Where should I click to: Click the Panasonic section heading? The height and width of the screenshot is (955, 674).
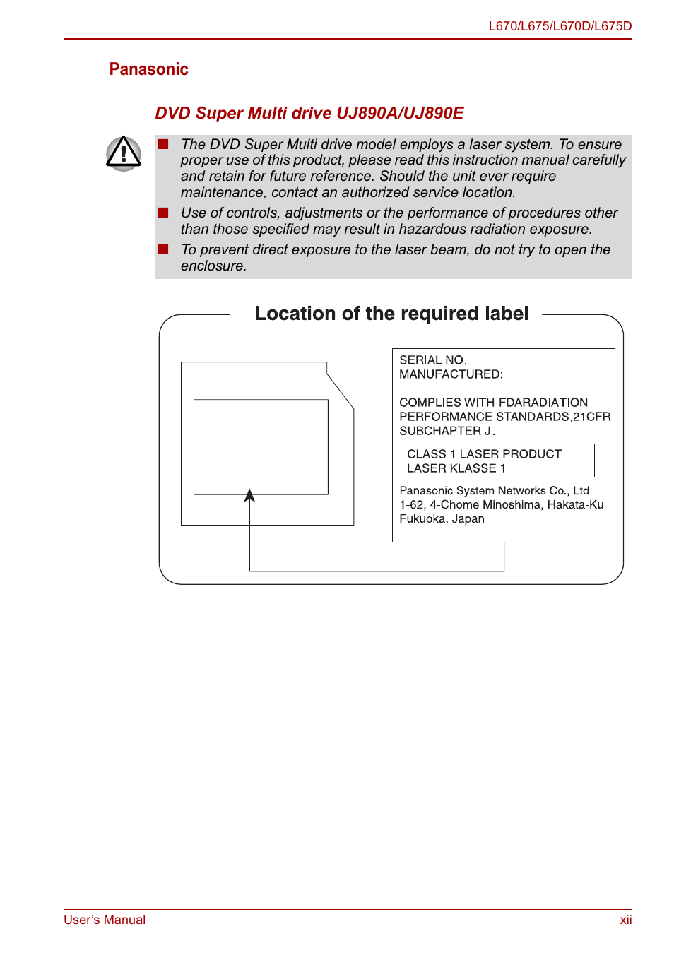(x=148, y=69)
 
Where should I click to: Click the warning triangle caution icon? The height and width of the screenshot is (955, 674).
(x=124, y=153)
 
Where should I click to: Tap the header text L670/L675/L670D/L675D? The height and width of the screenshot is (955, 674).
(x=560, y=26)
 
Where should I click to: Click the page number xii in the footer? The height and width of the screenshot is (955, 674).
(x=625, y=920)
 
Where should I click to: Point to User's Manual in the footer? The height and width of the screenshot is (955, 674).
(x=105, y=920)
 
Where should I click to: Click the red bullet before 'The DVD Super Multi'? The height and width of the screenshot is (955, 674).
(x=163, y=144)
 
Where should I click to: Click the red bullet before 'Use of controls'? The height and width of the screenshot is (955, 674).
(x=163, y=213)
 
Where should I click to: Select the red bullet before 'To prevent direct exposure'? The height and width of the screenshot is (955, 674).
(x=163, y=249)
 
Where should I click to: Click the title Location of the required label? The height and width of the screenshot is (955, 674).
(x=391, y=314)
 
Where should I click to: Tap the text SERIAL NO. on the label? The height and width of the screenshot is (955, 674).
(x=432, y=360)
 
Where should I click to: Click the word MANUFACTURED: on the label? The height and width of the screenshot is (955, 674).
(x=451, y=374)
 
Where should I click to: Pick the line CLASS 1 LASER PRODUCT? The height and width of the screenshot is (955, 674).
(x=484, y=454)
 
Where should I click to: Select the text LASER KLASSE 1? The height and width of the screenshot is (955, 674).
(x=456, y=468)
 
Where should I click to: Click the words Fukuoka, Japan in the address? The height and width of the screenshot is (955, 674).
(x=442, y=519)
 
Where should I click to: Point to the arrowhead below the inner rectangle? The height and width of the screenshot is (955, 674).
(x=249, y=496)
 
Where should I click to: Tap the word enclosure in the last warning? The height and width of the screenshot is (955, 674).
(x=212, y=266)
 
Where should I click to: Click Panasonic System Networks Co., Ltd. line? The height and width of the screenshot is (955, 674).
(x=495, y=491)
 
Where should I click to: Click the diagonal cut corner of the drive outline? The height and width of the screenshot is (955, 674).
(x=340, y=391)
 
